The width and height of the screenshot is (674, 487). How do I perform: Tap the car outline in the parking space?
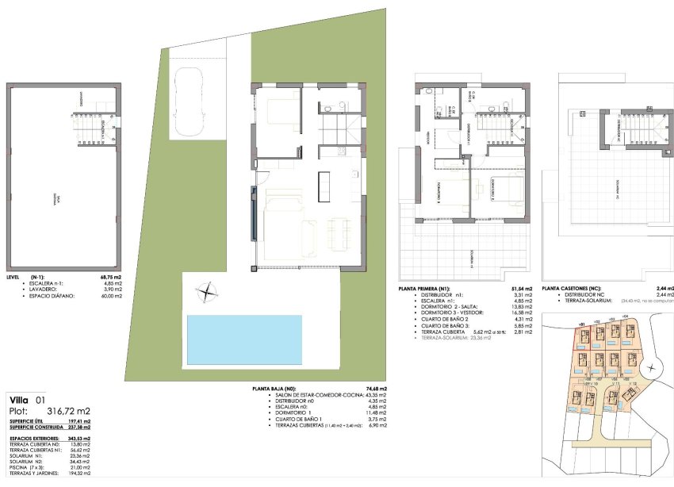[190, 101]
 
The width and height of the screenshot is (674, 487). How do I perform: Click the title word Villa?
[19, 400]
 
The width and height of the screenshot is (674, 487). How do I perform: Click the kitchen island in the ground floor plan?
[324, 186]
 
